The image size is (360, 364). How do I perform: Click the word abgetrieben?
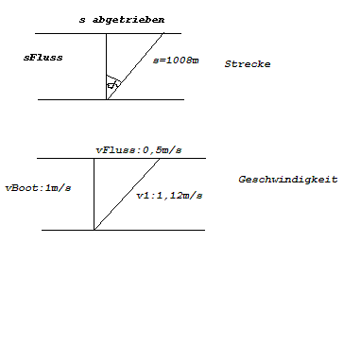pyautogui.click(x=129, y=20)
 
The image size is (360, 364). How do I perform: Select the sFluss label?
pyautogui.click(x=43, y=58)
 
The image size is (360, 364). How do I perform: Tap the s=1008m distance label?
pyautogui.click(x=176, y=61)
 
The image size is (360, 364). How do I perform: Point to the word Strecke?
pyautogui.click(x=248, y=64)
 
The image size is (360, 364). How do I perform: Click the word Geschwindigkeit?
pyautogui.click(x=288, y=180)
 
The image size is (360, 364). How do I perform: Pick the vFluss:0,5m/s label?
pyautogui.click(x=139, y=150)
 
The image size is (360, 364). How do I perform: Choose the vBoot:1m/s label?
pyautogui.click(x=38, y=188)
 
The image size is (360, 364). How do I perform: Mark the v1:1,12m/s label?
pyautogui.click(x=169, y=196)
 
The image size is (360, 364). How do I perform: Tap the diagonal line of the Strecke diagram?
pyautogui.click(x=135, y=66)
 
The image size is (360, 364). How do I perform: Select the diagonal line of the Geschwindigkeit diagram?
pyautogui.click(x=127, y=194)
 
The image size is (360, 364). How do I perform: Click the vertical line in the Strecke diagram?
pyautogui.click(x=106, y=66)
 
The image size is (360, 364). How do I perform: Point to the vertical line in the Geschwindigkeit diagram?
pyautogui.click(x=94, y=194)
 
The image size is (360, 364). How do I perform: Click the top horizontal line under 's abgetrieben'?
pyautogui.click(x=108, y=33)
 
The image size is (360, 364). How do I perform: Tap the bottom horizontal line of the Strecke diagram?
pyautogui.click(x=111, y=99)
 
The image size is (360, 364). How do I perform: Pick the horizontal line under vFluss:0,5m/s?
pyautogui.click(x=121, y=158)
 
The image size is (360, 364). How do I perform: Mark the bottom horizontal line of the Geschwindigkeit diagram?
pyautogui.click(x=123, y=230)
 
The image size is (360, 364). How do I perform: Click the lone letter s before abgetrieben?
pyautogui.click(x=82, y=21)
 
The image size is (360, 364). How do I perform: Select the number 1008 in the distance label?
pyautogui.click(x=179, y=61)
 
